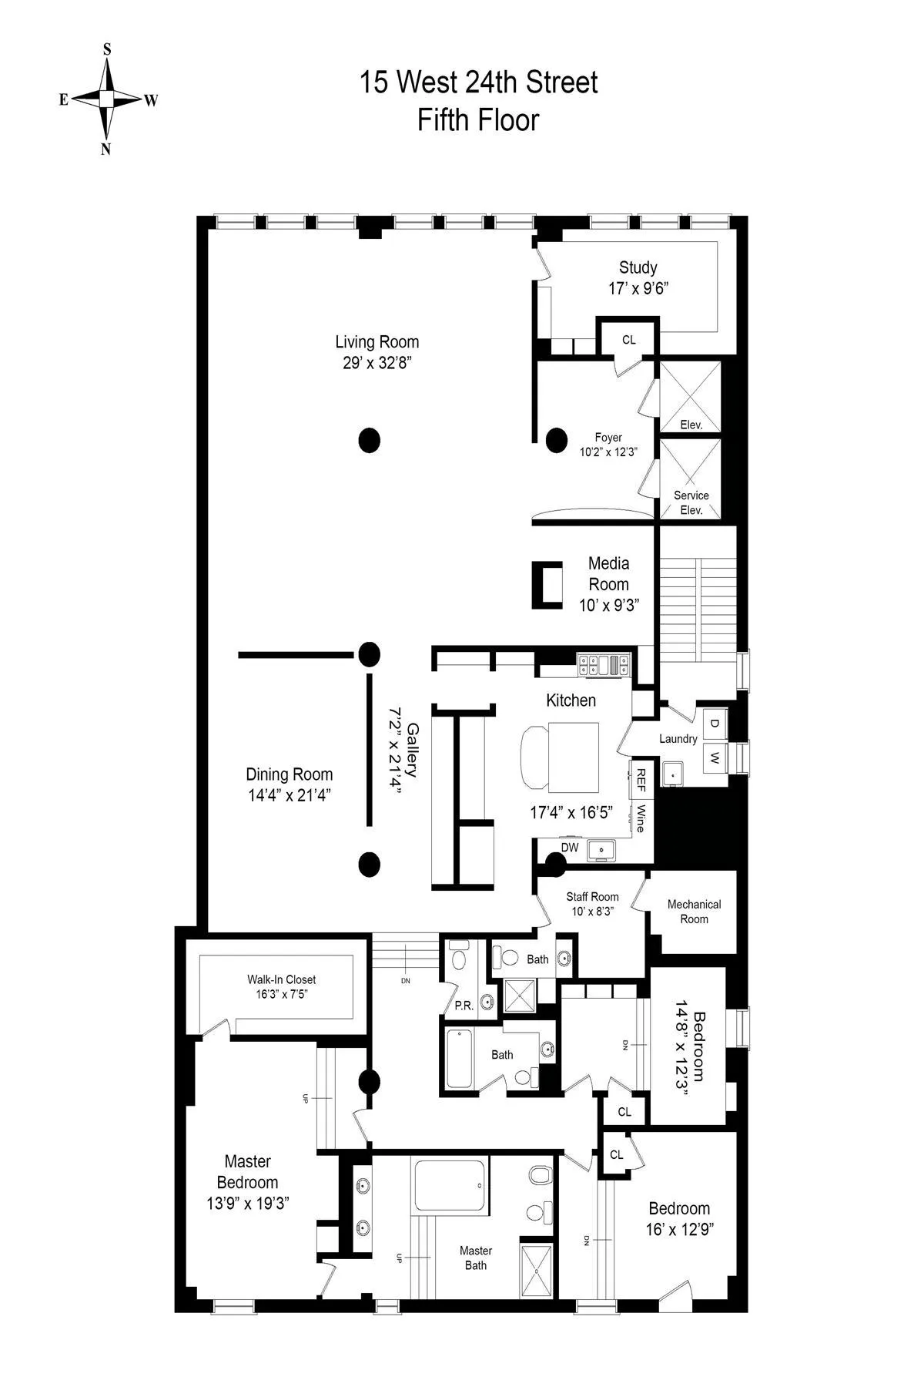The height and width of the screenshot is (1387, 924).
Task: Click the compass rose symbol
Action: pos(107,99)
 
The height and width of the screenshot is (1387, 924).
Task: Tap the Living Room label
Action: pos(377,342)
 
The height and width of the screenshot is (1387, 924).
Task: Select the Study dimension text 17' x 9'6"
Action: pos(638,288)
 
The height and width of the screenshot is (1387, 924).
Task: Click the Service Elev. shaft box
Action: pos(691,479)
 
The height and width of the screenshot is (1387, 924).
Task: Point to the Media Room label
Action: pos(608,574)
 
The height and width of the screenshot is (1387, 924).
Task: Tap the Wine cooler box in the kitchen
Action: pos(640,818)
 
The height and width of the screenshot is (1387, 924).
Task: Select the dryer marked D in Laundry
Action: pos(715,723)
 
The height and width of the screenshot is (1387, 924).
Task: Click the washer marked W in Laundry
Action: pos(715,757)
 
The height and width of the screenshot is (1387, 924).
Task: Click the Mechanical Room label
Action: pos(694,912)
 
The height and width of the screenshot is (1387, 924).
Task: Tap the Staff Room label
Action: pos(592,897)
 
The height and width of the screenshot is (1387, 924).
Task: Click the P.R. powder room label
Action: pos(464,1006)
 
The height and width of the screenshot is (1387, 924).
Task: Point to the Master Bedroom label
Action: pos(247,1171)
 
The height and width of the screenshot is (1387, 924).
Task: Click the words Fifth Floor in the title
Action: pos(478,120)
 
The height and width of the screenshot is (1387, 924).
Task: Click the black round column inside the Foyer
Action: pos(556,440)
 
